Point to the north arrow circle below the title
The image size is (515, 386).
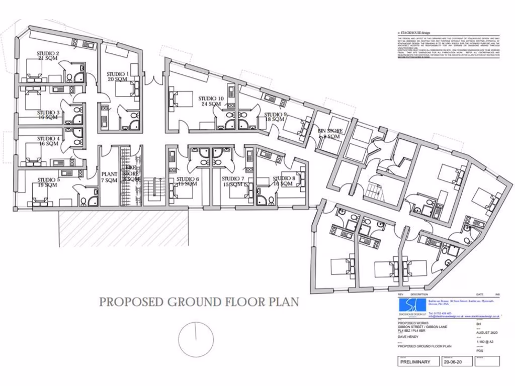point(195,333)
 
